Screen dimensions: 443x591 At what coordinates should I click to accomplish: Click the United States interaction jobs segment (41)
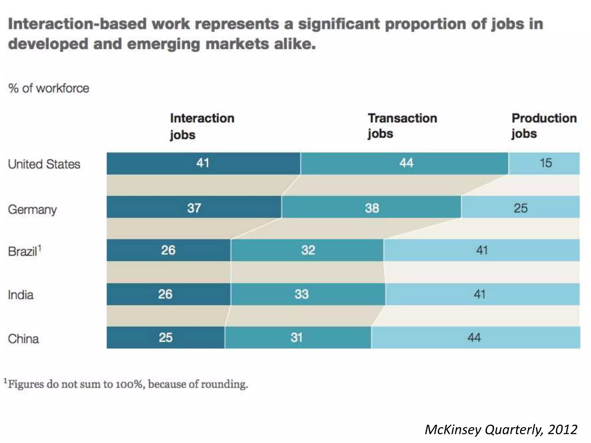coord(203,163)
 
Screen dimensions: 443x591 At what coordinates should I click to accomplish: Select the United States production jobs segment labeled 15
coord(544,163)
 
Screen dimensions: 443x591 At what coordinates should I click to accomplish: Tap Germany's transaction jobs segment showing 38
coord(371,207)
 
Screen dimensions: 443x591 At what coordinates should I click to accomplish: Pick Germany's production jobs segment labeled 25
coord(520,207)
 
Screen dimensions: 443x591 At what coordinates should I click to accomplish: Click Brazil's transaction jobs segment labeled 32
coord(307,250)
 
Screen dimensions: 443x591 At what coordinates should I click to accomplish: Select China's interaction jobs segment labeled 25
coord(166,337)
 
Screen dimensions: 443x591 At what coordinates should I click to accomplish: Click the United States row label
coord(44,164)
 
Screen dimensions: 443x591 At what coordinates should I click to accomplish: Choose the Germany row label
coord(32,209)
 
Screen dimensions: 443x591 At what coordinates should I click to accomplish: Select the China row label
coord(23,339)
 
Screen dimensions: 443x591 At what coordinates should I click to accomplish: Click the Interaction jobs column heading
coord(202,126)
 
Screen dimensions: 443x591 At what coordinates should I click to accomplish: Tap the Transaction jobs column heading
coord(402,126)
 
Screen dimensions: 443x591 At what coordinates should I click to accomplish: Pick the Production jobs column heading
coord(544,126)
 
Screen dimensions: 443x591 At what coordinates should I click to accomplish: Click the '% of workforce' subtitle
coord(48,88)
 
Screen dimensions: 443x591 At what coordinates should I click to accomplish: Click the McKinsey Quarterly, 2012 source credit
coord(501,429)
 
